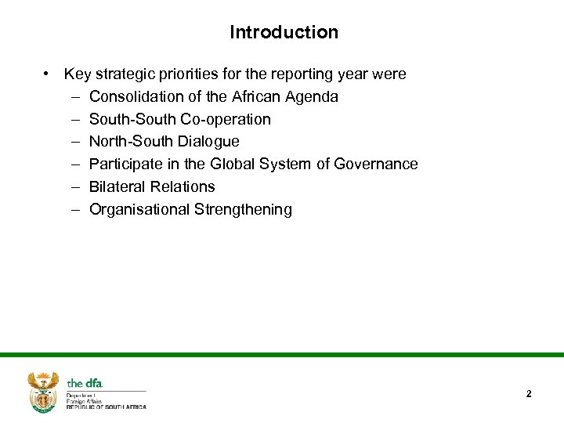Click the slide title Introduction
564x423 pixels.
[x=284, y=32]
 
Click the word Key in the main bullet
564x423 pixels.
[x=77, y=74]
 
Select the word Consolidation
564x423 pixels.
[x=136, y=97]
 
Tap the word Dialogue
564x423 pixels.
[x=210, y=142]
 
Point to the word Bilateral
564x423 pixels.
[x=116, y=186]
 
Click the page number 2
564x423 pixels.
[x=529, y=394]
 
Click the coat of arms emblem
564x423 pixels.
[x=43, y=391]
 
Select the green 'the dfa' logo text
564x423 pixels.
[x=85, y=383]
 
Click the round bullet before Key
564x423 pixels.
[x=48, y=74]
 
